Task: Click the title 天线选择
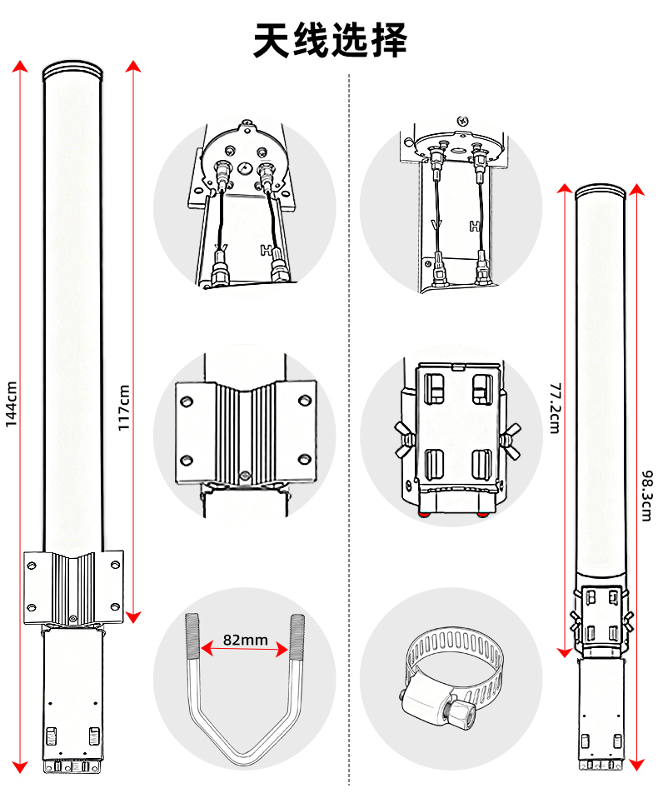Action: pos(330,40)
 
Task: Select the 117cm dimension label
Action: pos(124,407)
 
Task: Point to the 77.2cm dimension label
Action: pos(555,408)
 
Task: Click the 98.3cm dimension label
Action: pos(647,496)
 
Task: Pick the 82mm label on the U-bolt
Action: pos(246,640)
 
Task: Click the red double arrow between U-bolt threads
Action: pos(246,650)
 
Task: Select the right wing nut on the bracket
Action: pos(510,441)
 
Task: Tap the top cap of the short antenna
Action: pos(601,192)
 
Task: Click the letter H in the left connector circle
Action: pos(266,250)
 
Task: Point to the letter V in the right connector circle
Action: pos(436,225)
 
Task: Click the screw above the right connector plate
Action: pos(463,121)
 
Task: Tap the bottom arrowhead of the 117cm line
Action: pos(133,616)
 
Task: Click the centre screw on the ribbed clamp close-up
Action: pos(246,475)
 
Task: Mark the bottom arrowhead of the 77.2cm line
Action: pos(565,651)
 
